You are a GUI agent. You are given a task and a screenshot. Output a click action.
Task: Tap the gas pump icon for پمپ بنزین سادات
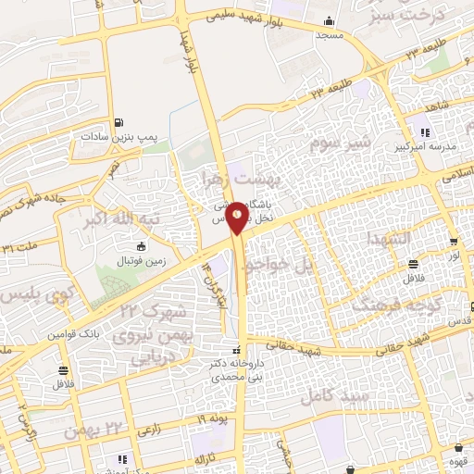point(118,124)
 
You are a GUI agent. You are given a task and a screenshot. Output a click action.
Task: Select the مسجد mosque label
point(325,35)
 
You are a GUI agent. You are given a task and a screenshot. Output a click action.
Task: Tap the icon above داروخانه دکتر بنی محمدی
point(238,352)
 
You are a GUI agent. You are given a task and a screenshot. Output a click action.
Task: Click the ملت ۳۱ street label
point(20,247)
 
